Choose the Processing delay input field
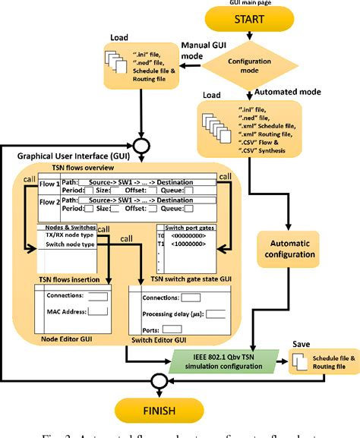216,313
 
